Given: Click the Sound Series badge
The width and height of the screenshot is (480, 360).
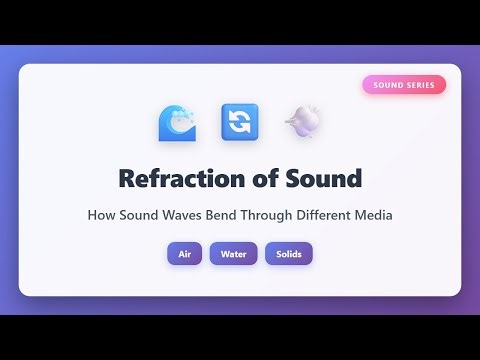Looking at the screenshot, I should [x=404, y=85].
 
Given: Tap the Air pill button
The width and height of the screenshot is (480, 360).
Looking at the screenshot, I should [x=184, y=254].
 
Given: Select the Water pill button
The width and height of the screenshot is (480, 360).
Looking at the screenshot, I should [x=233, y=254].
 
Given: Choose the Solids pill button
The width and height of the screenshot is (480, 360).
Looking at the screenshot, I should [x=289, y=254].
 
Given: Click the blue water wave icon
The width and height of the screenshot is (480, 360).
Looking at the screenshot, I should [x=177, y=122].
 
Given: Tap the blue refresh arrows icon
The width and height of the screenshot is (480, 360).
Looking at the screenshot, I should [x=240, y=122].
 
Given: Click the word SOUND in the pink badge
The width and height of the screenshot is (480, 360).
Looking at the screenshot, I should [x=388, y=85].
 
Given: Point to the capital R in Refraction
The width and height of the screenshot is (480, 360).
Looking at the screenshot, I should [x=127, y=179].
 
